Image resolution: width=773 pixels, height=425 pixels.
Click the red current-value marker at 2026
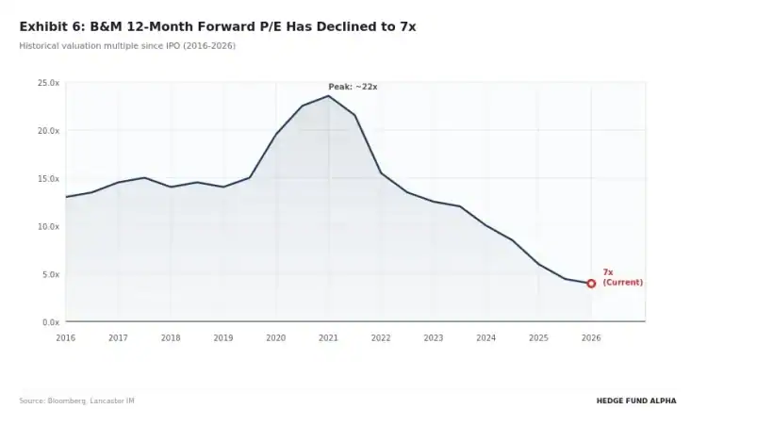[591, 283]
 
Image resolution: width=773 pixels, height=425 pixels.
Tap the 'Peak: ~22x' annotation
[353, 87]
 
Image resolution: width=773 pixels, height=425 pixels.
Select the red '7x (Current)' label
[622, 277]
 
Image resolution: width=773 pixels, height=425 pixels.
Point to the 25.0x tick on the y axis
[49, 83]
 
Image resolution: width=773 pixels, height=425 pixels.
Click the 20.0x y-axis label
[49, 131]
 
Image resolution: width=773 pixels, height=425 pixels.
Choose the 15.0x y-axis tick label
[49, 179]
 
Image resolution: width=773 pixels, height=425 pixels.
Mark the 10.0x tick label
[49, 227]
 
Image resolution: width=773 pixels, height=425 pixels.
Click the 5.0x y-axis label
[51, 275]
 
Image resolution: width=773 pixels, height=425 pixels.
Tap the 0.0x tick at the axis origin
[51, 322]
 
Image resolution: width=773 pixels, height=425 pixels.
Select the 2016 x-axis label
[65, 337]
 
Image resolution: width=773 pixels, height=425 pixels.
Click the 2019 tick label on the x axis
[222, 337]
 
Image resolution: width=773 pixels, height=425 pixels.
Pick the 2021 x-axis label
[328, 337]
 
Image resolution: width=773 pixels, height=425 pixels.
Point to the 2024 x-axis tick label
[485, 337]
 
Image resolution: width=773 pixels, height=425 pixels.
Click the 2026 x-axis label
[591, 337]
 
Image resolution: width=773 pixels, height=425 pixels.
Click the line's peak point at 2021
[328, 96]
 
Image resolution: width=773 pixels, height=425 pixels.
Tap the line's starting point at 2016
[66, 197]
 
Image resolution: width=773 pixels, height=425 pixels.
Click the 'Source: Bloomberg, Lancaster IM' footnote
[76, 400]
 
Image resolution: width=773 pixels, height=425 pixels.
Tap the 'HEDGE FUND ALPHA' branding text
[635, 400]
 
